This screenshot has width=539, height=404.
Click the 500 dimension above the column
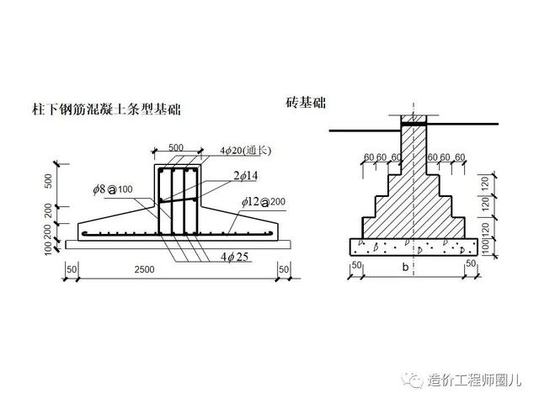pyautogui.click(x=175, y=148)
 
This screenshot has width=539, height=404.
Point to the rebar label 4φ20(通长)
pyautogui.click(x=246, y=151)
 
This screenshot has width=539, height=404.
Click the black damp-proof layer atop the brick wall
pyautogui.click(x=413, y=124)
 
